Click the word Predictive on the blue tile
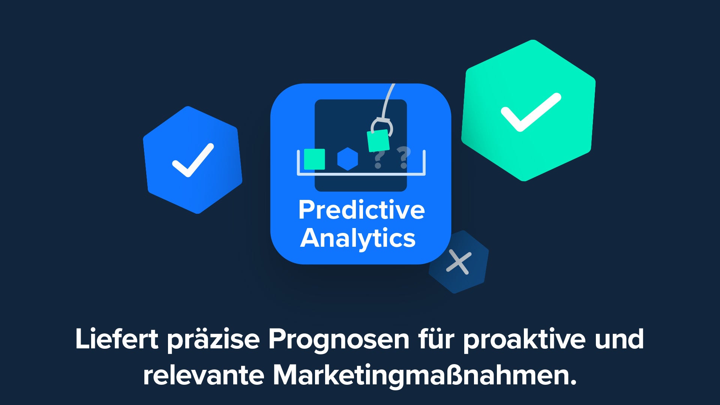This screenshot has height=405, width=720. tap(361, 210)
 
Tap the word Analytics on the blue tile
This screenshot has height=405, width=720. tap(358, 239)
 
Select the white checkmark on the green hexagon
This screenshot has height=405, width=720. tap(531, 112)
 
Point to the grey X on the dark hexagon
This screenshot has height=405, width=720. tap(459, 262)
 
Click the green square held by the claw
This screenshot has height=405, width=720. tap(378, 141)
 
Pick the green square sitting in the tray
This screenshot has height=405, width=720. tap(314, 159)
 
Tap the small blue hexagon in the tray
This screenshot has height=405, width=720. tap(348, 159)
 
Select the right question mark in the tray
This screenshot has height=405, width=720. tap(404, 157)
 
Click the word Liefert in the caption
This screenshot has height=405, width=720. tap(117, 339)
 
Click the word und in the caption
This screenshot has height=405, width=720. tap(619, 339)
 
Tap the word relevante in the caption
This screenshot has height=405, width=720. tap(204, 375)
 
